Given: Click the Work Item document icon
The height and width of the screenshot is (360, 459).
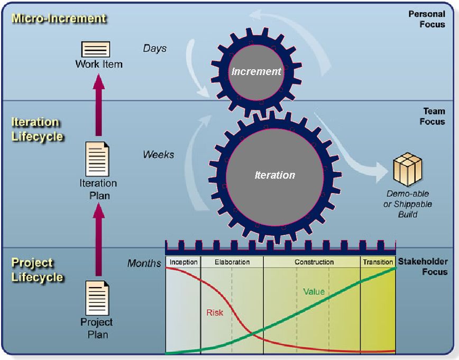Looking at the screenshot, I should point(95,50).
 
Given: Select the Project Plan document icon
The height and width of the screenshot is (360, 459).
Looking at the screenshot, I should point(97,298).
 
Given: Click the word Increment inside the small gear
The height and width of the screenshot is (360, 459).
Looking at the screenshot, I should point(256,71).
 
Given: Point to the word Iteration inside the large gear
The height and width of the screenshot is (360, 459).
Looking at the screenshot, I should point(274,175).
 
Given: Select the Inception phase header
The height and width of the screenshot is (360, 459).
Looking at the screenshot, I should point(183,262).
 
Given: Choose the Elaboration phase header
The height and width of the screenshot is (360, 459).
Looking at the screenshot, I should point(232,262).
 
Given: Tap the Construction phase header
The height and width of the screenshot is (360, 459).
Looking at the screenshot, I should point(314,262).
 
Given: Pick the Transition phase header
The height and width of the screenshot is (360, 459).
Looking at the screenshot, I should point(378,262).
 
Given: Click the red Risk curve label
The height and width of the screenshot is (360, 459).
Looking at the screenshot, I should point(214,312).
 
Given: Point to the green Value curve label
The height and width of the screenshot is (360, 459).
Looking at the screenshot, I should point(314,291).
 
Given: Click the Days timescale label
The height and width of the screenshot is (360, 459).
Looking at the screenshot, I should point(154,49).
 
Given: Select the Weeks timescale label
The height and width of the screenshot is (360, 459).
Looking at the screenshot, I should point(158,155).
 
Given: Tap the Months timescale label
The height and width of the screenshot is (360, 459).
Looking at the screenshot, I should point(144,263).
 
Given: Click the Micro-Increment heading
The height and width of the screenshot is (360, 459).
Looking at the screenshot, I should point(59,19).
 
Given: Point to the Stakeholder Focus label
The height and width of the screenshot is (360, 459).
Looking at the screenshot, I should point(427,266).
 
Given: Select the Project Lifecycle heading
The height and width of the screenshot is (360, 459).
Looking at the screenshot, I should point(37,270).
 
